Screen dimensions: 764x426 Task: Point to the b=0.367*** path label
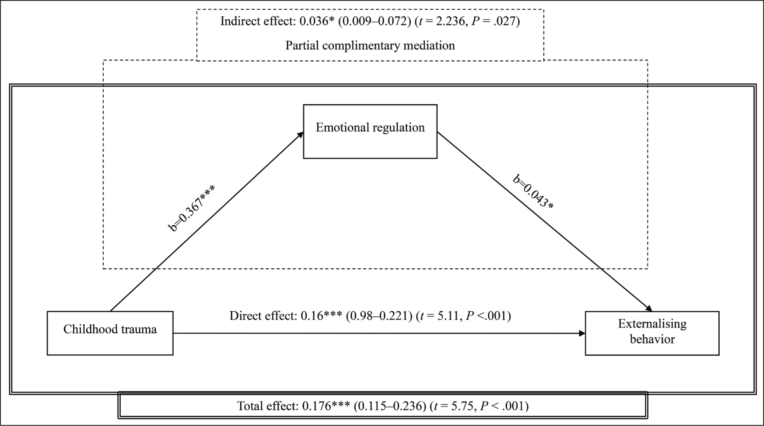coord(191,209)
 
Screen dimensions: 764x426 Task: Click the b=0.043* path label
coord(533,192)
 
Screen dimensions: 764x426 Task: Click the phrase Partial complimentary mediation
coord(370,45)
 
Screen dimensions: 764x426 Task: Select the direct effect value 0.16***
coord(321,315)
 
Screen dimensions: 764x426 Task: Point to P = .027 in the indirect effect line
coord(494,21)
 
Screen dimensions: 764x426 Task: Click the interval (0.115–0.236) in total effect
coord(390,406)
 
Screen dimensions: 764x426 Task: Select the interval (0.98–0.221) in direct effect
coord(379,315)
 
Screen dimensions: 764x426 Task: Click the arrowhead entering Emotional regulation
coord(300,135)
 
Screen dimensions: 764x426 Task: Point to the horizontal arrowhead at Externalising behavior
coord(582,333)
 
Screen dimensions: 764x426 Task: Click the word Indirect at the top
coord(239,21)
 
